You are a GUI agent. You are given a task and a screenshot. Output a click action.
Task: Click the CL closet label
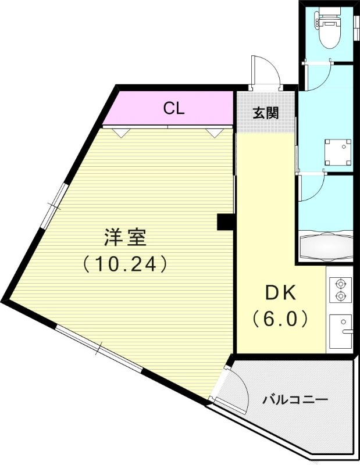[x=174, y=109]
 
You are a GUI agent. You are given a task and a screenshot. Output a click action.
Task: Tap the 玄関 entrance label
[x=265, y=113]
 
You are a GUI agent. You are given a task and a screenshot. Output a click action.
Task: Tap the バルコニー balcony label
[x=295, y=399]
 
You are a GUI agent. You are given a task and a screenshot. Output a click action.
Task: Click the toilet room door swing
[x=318, y=74]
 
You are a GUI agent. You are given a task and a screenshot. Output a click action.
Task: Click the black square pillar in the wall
[x=225, y=222]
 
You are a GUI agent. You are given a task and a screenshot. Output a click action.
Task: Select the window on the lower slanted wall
[x=99, y=349]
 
